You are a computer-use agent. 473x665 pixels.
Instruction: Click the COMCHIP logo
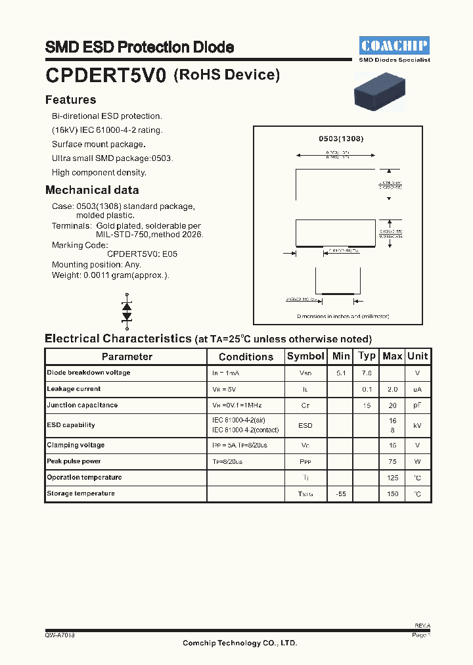[x=394, y=45]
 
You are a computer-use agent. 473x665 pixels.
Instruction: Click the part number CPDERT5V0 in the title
[x=106, y=76]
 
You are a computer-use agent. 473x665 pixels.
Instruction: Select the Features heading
[x=70, y=100]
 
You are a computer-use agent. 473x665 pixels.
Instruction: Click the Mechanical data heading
[x=92, y=190]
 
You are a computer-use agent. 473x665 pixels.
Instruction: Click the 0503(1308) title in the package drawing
[x=341, y=139]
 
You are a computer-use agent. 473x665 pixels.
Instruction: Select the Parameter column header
[x=127, y=357]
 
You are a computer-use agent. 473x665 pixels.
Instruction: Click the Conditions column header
[x=246, y=357]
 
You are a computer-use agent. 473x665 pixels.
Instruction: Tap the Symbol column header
[x=305, y=356]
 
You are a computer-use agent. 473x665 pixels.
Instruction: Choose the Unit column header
[x=417, y=356]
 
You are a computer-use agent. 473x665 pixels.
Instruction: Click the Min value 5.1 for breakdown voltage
[x=341, y=373]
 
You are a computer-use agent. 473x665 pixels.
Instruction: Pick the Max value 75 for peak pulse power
[x=393, y=461]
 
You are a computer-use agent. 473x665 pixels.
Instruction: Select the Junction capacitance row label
[x=82, y=405]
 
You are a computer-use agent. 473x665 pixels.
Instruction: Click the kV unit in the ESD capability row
[x=417, y=425]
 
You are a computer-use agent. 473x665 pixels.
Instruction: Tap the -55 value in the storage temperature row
[x=341, y=493]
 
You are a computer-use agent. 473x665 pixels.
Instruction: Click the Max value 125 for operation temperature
[x=393, y=478]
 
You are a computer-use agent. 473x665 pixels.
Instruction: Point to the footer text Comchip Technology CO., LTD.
[x=240, y=643]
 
